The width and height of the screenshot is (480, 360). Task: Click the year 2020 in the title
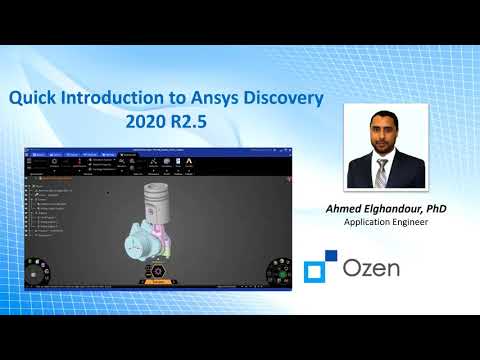(144, 123)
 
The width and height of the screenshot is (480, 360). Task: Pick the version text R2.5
(189, 123)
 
